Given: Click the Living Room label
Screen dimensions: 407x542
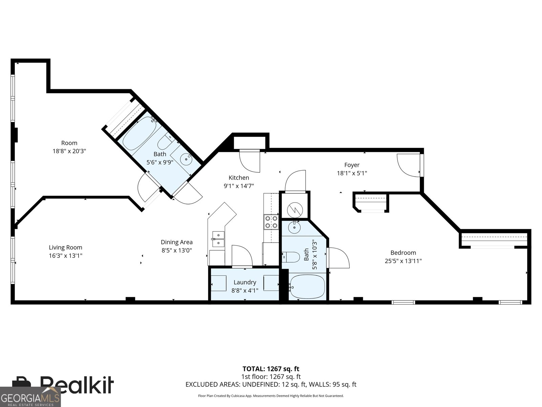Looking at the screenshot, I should coord(65,248).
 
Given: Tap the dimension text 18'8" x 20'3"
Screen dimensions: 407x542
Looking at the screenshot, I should coord(69,151).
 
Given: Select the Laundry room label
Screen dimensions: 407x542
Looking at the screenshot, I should coord(245,282).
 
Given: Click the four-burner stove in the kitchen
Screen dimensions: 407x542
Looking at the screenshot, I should coord(271,222).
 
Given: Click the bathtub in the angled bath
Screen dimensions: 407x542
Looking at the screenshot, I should coord(139,134).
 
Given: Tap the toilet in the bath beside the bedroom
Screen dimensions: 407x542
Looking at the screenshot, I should coord(291,257).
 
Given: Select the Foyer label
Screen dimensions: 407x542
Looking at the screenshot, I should coord(352,165).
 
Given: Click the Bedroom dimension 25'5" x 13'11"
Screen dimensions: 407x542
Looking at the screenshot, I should coord(403,261).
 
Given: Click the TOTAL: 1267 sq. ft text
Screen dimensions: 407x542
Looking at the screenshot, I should coord(271,369).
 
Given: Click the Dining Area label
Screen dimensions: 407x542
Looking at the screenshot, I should coord(176,242).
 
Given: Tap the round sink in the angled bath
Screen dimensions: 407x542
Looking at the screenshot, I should coord(186,158).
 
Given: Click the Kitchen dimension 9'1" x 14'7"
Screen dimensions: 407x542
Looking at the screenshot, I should coord(238,186).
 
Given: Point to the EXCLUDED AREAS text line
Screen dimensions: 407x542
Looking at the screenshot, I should coord(271,384).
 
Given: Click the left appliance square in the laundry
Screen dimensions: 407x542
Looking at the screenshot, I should coord(218,283).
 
